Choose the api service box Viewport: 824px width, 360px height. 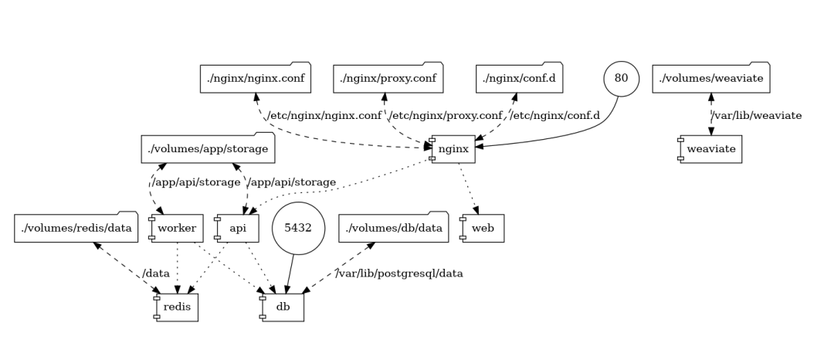[237, 228]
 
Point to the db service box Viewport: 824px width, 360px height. [283, 307]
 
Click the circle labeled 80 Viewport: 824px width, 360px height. [621, 80]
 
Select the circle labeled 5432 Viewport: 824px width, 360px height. [297, 228]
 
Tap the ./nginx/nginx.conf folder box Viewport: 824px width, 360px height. [255, 78]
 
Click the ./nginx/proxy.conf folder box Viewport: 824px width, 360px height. [388, 78]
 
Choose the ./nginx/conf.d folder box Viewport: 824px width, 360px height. [520, 78]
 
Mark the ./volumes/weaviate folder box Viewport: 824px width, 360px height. [710, 78]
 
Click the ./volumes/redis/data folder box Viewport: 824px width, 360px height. [75, 228]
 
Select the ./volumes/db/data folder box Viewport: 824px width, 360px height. [393, 228]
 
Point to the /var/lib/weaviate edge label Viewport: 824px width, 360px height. [756, 116]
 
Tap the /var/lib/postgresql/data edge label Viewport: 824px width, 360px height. [399, 273]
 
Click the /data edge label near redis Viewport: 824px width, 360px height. [155, 273]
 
